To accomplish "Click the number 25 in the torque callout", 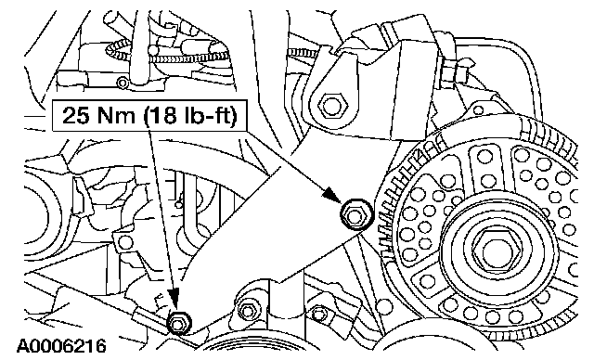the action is point(76,115).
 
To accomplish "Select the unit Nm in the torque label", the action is point(116,115).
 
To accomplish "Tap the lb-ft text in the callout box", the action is point(204,115).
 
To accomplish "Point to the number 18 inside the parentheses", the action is point(163,115).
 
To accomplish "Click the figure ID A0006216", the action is point(61,346).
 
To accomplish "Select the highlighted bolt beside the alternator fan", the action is point(355,214).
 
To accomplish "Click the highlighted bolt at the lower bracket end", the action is point(178,323).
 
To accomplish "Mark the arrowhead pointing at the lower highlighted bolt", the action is point(174,298).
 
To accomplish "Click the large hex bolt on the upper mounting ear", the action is point(331,105).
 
